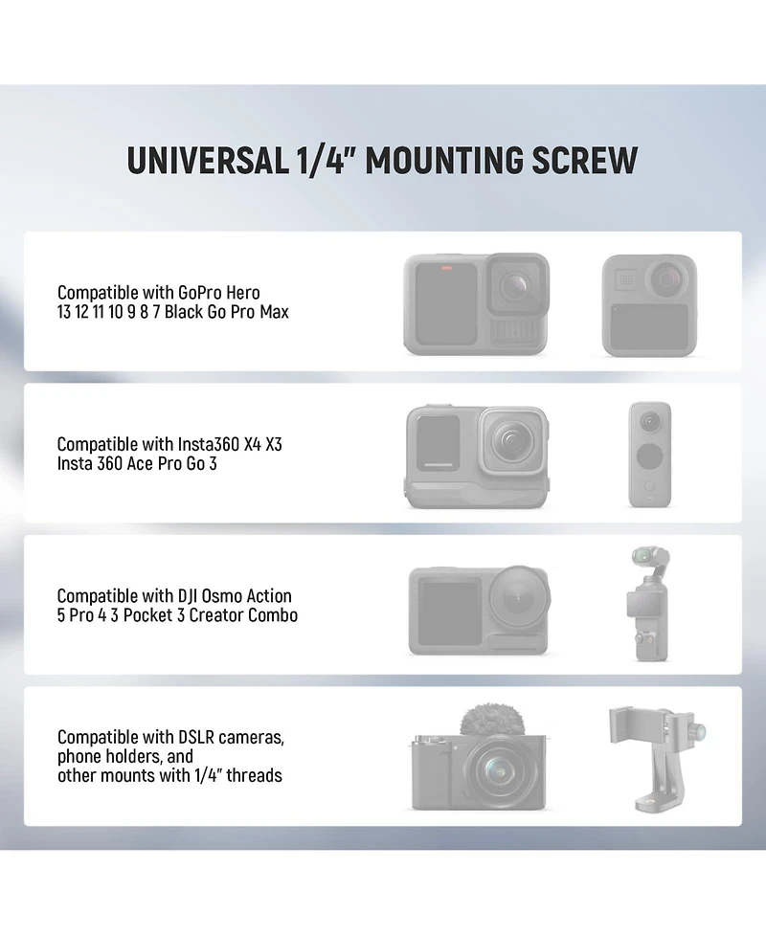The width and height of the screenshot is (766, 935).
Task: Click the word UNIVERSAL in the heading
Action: [208, 161]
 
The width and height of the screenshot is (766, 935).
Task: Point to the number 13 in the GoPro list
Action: [64, 312]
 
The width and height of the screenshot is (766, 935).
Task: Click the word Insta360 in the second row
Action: [209, 444]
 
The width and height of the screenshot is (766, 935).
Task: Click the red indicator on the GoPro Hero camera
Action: [446, 268]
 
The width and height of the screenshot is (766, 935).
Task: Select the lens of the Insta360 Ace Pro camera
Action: [510, 441]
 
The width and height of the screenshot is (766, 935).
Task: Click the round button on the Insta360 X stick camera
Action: [650, 457]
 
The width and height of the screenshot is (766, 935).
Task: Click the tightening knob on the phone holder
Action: [698, 731]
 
